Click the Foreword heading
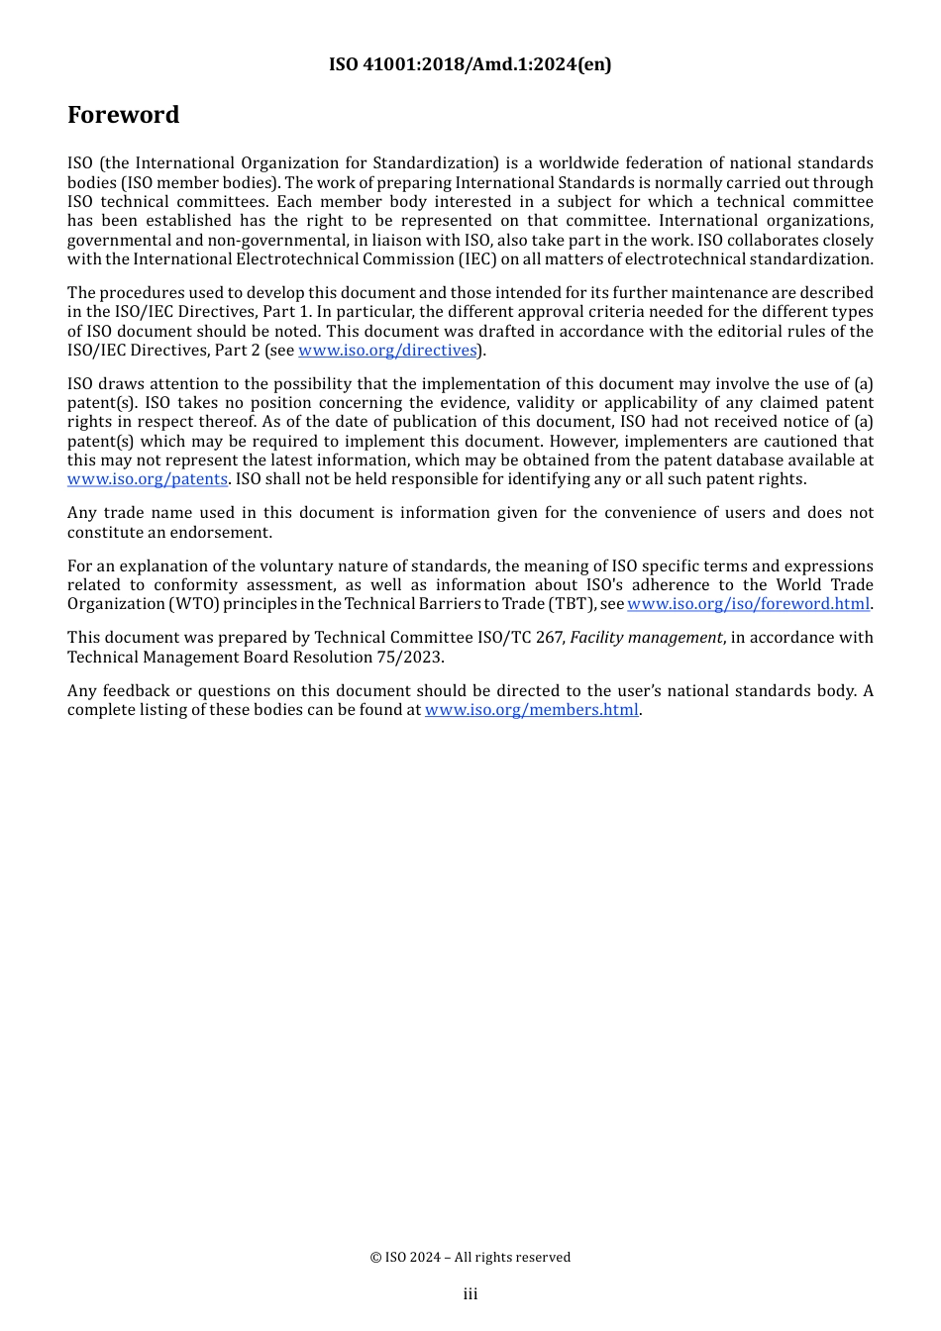pyautogui.click(x=123, y=115)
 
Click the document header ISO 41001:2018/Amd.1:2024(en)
pyautogui.click(x=470, y=64)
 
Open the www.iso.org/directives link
pyautogui.click(x=387, y=351)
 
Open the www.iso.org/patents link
pyautogui.click(x=148, y=479)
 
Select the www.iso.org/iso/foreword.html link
pyautogui.click(x=748, y=604)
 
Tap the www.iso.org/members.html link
pyautogui.click(x=531, y=710)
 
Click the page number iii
pyautogui.click(x=470, y=1294)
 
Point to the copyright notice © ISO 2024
pyautogui.click(x=470, y=1258)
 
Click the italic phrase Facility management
pyautogui.click(x=646, y=638)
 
